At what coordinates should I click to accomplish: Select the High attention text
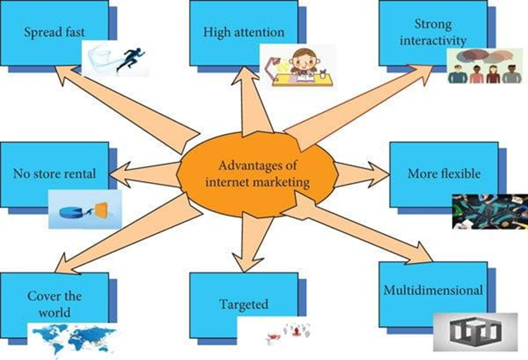pyautogui.click(x=243, y=32)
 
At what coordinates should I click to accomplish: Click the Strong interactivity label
pyautogui.click(x=433, y=32)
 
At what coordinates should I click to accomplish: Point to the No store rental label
pyautogui.click(x=53, y=173)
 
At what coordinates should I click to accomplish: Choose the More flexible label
pyautogui.click(x=444, y=173)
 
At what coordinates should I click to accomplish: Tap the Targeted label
pyautogui.click(x=244, y=304)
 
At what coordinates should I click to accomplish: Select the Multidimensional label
pyautogui.click(x=433, y=290)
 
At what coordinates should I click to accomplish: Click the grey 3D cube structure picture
pyautogui.click(x=475, y=332)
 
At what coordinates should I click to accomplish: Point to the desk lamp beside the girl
pyautogui.click(x=271, y=63)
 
